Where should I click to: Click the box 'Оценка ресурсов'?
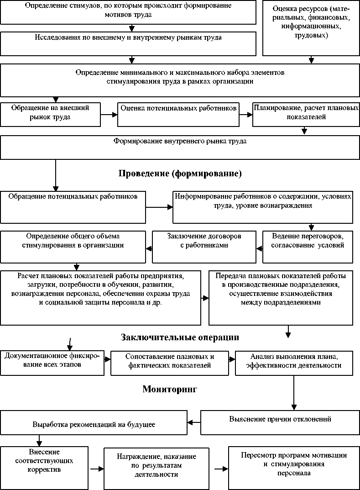(312, 27)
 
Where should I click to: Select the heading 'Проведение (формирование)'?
(180, 174)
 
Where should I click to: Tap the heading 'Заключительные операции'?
(180, 337)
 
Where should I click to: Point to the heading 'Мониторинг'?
(169, 389)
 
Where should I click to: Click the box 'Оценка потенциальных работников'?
(178, 114)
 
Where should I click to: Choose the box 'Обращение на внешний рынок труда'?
(50, 114)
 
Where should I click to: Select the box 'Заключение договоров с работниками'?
(204, 247)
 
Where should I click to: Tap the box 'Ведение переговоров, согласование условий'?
(308, 247)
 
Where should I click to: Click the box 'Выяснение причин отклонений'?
(280, 422)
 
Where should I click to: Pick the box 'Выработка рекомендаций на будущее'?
(94, 422)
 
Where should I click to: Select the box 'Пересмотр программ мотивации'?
(294, 468)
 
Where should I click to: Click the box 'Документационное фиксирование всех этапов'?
(52, 363)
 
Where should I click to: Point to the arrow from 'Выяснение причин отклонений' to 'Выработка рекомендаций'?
(194, 422)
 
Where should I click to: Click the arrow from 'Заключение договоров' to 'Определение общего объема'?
(149, 248)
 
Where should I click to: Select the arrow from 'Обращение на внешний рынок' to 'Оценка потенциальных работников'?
(109, 115)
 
